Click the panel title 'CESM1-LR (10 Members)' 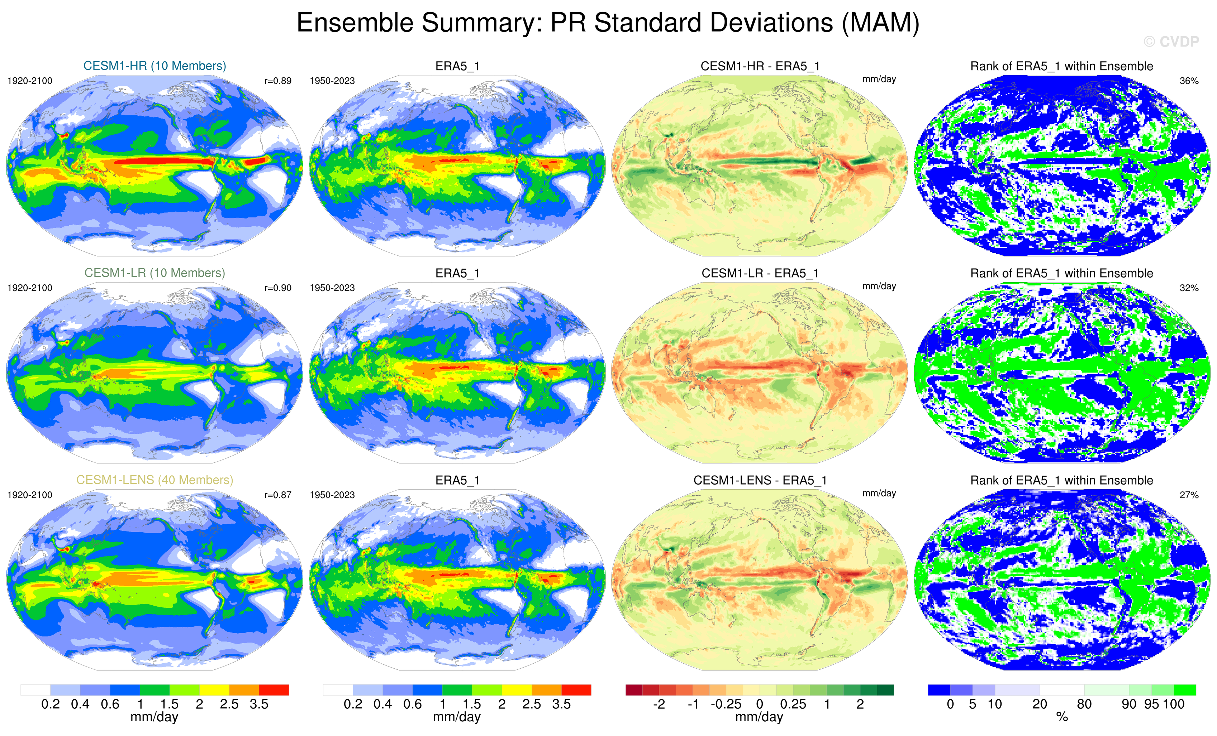pos(154,273)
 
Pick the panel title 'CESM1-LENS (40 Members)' pos(154,480)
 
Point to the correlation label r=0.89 pos(277,81)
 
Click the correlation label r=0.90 pos(277,288)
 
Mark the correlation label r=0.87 pos(277,495)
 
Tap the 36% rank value pos(1189,81)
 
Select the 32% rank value pos(1189,288)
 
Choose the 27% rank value pos(1189,495)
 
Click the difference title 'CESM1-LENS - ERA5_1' pos(760,480)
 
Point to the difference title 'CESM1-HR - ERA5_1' pos(760,66)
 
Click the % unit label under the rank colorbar pos(1062,717)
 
